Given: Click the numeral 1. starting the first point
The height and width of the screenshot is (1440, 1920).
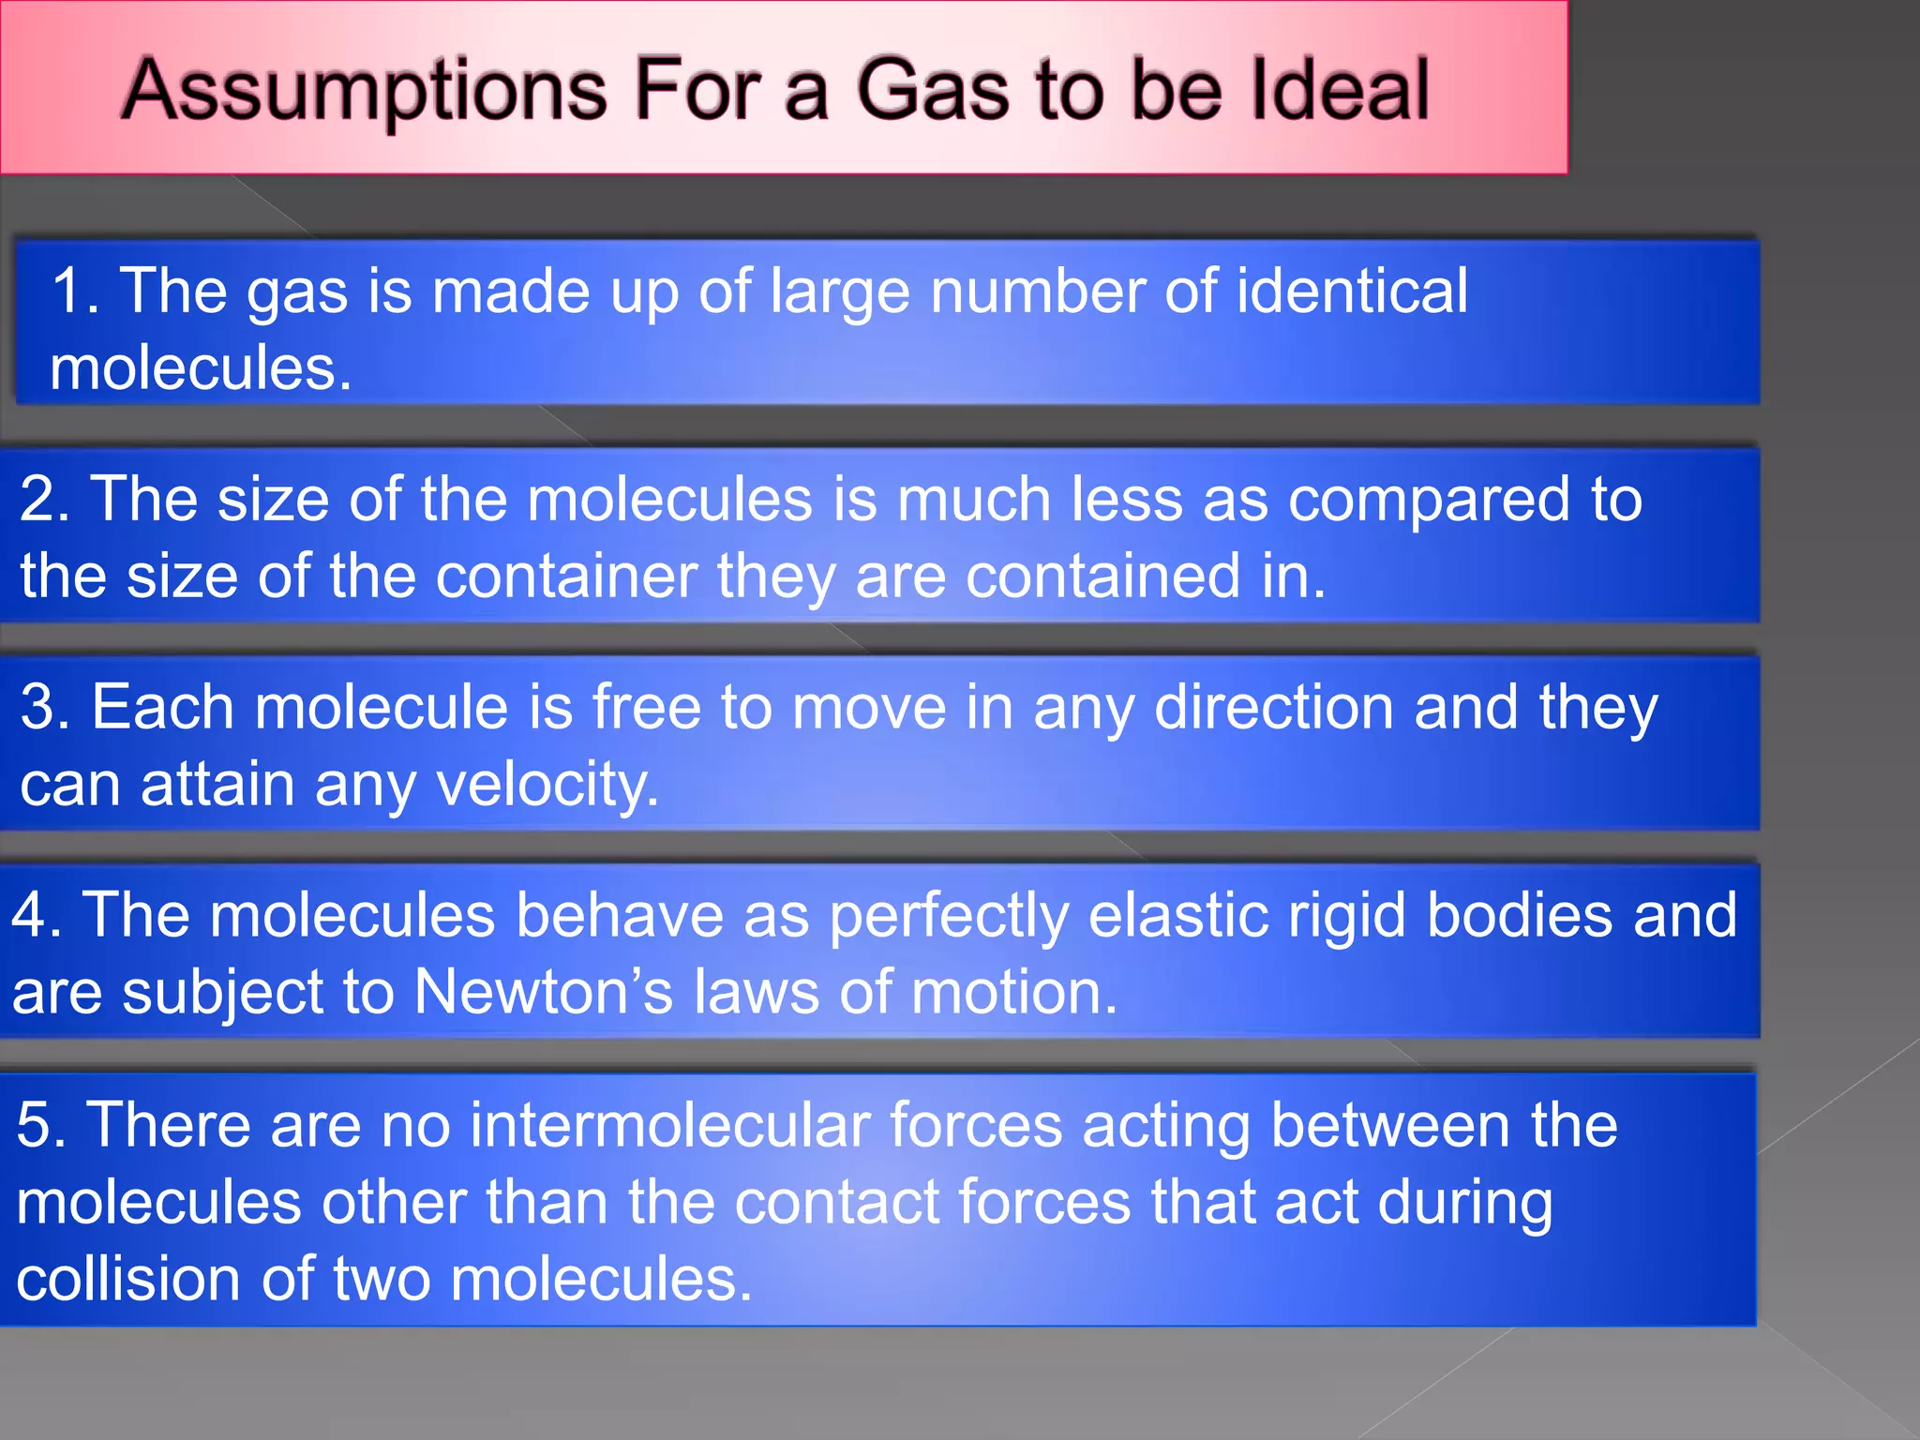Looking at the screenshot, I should tap(75, 291).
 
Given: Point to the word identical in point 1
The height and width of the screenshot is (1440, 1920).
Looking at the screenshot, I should tap(1352, 291).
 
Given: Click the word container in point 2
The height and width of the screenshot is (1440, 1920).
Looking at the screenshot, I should tap(566, 576).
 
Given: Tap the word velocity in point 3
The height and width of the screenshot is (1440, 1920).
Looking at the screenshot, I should tap(547, 786).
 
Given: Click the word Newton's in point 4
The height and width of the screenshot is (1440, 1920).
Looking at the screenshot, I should tap(543, 992).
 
